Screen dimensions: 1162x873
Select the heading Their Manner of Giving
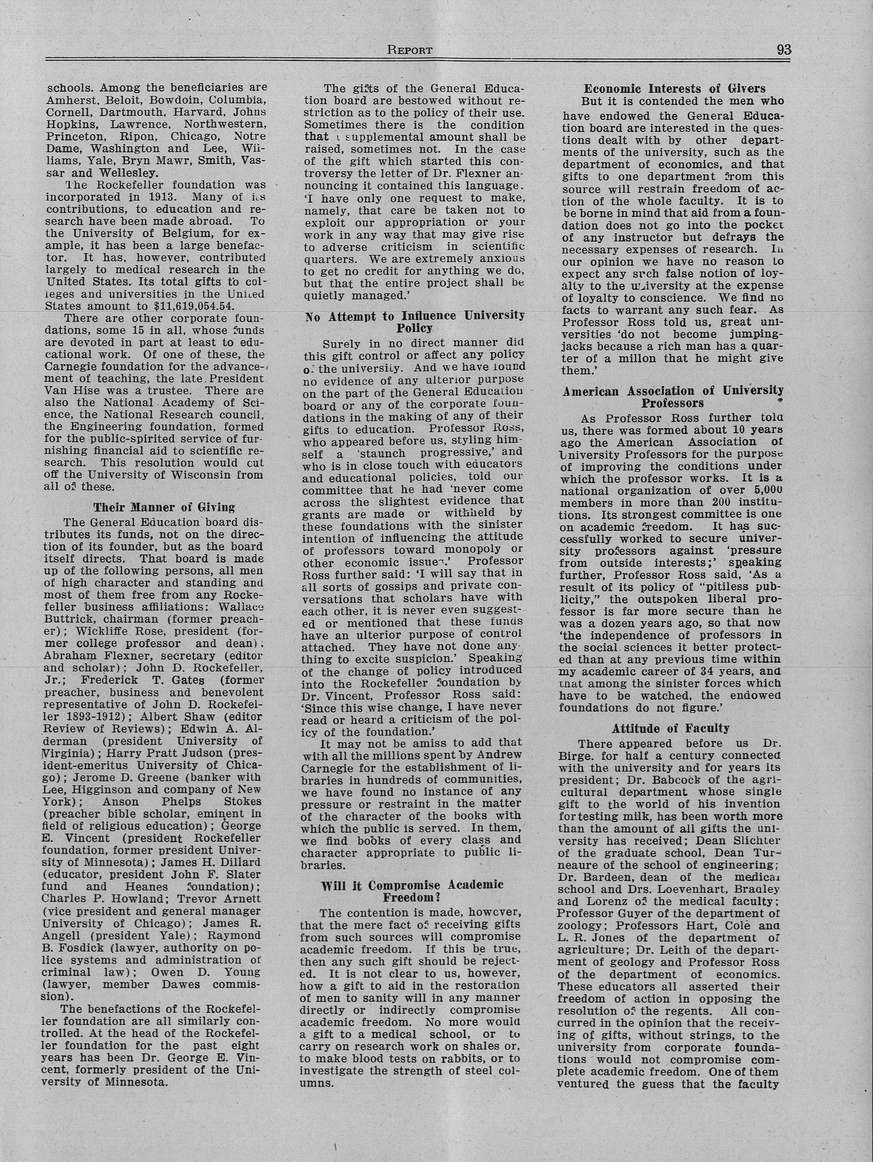(x=164, y=507)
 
